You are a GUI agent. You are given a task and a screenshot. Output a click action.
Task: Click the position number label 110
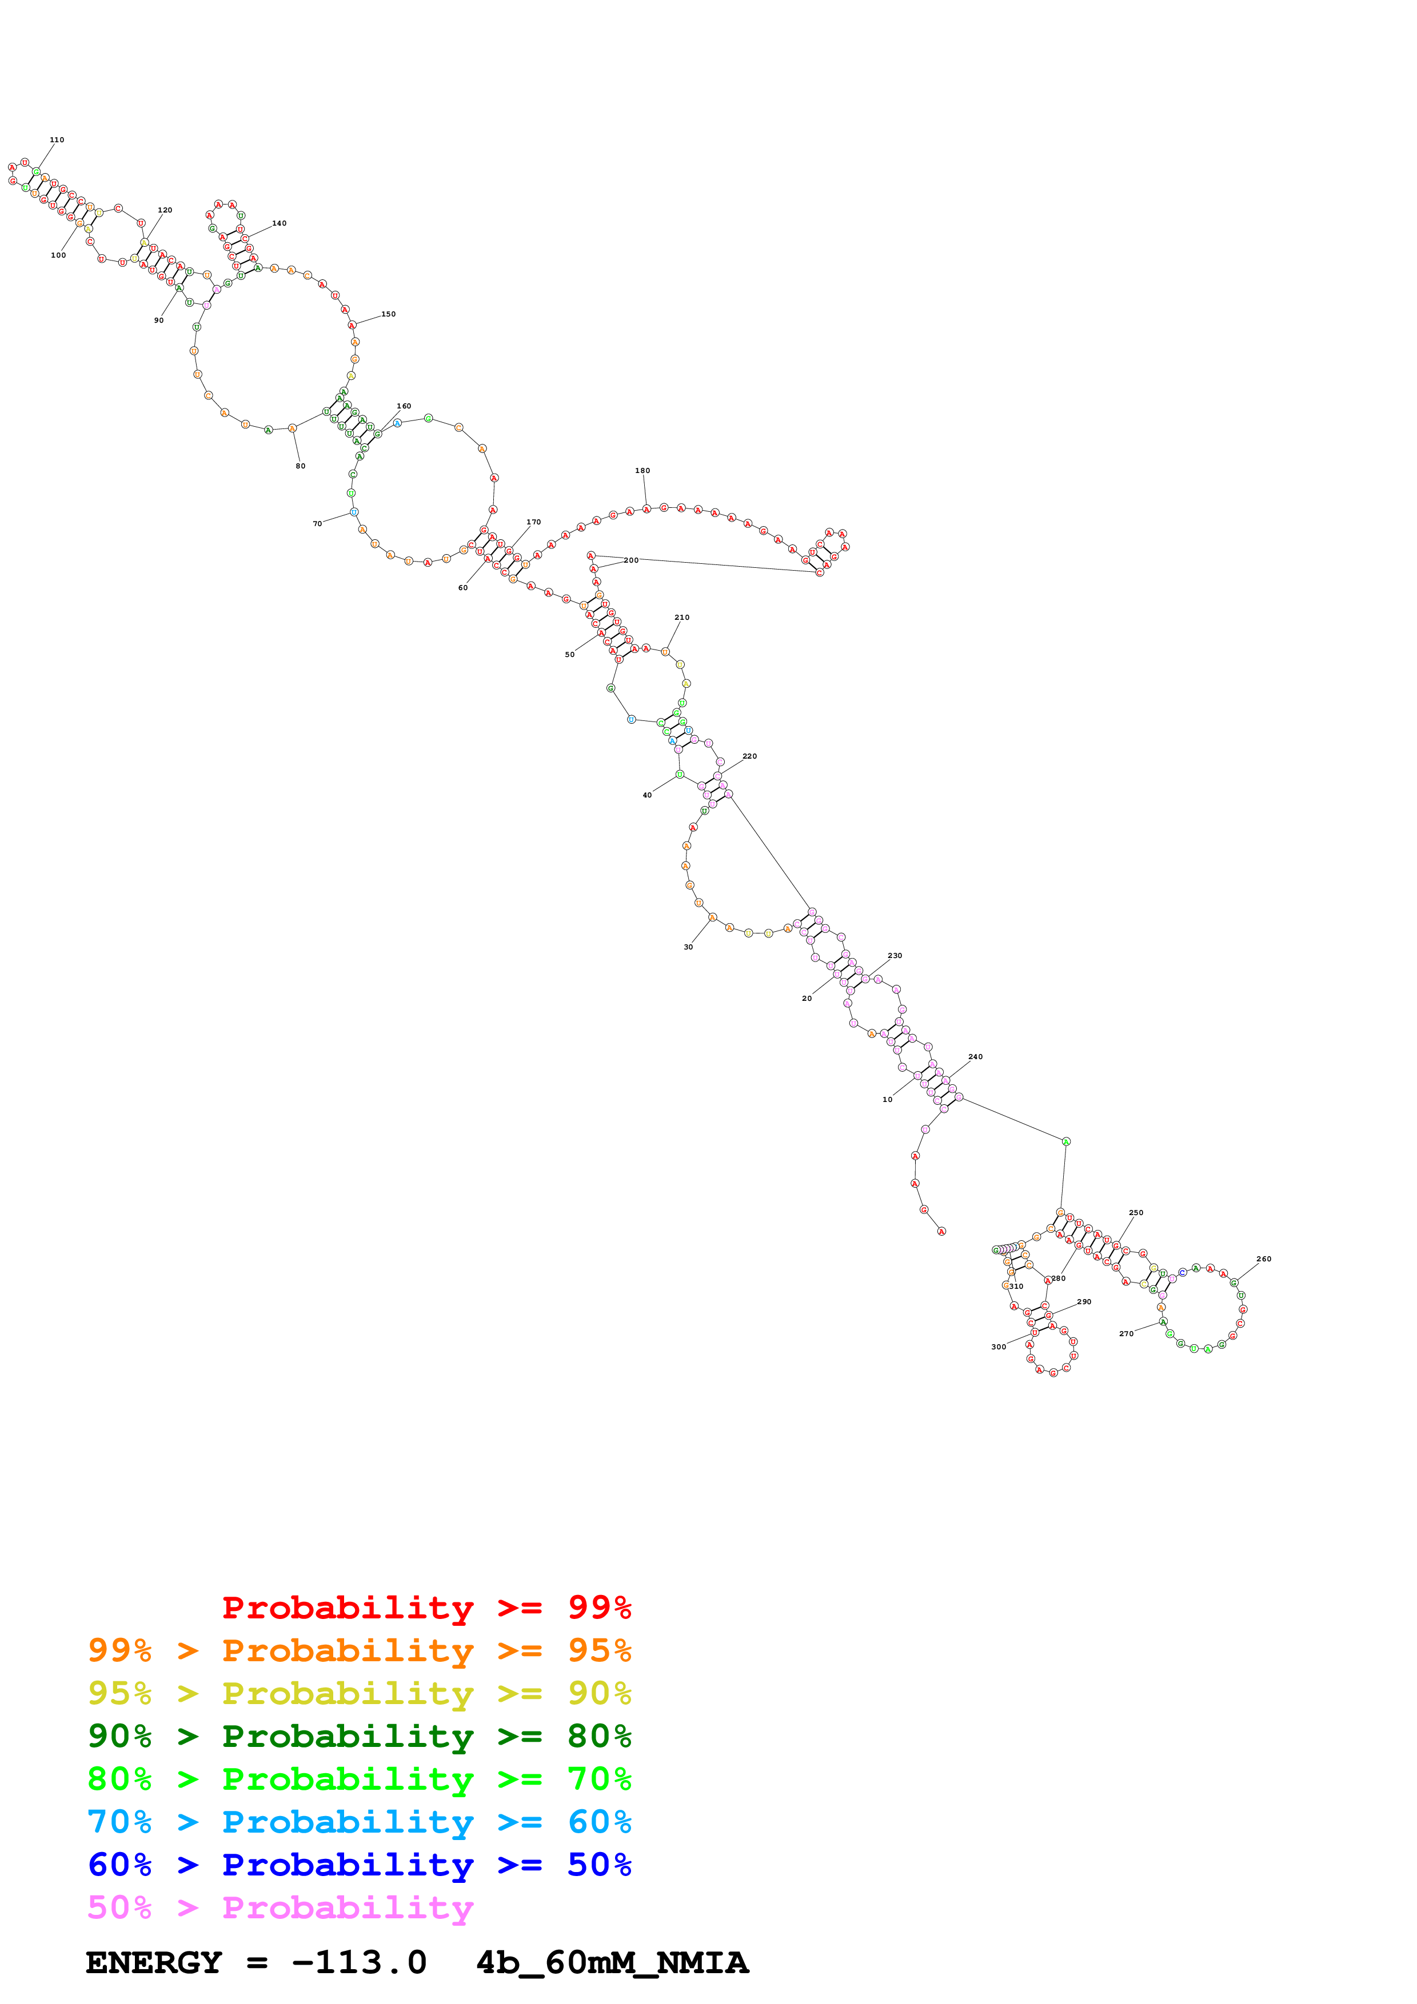coord(57,139)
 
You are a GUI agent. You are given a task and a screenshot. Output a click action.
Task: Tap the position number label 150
coord(389,314)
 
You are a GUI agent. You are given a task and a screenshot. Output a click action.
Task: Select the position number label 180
coord(642,471)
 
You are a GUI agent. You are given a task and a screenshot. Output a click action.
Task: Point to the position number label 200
coord(631,560)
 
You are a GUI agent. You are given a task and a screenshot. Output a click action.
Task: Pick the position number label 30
coord(688,947)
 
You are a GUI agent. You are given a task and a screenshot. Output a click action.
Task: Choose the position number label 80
coord(300,466)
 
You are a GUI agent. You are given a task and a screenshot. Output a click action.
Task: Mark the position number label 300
coord(999,1347)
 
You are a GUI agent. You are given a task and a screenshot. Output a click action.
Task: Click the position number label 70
coord(318,524)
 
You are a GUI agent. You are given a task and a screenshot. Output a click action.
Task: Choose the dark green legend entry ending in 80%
coord(359,1736)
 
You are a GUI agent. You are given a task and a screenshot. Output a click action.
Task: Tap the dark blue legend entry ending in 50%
coord(359,1865)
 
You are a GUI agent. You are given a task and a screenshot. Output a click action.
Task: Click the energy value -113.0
coord(359,1963)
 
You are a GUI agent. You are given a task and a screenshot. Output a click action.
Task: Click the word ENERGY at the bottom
coord(154,1963)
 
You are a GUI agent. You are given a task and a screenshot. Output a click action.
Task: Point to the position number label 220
coord(749,757)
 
